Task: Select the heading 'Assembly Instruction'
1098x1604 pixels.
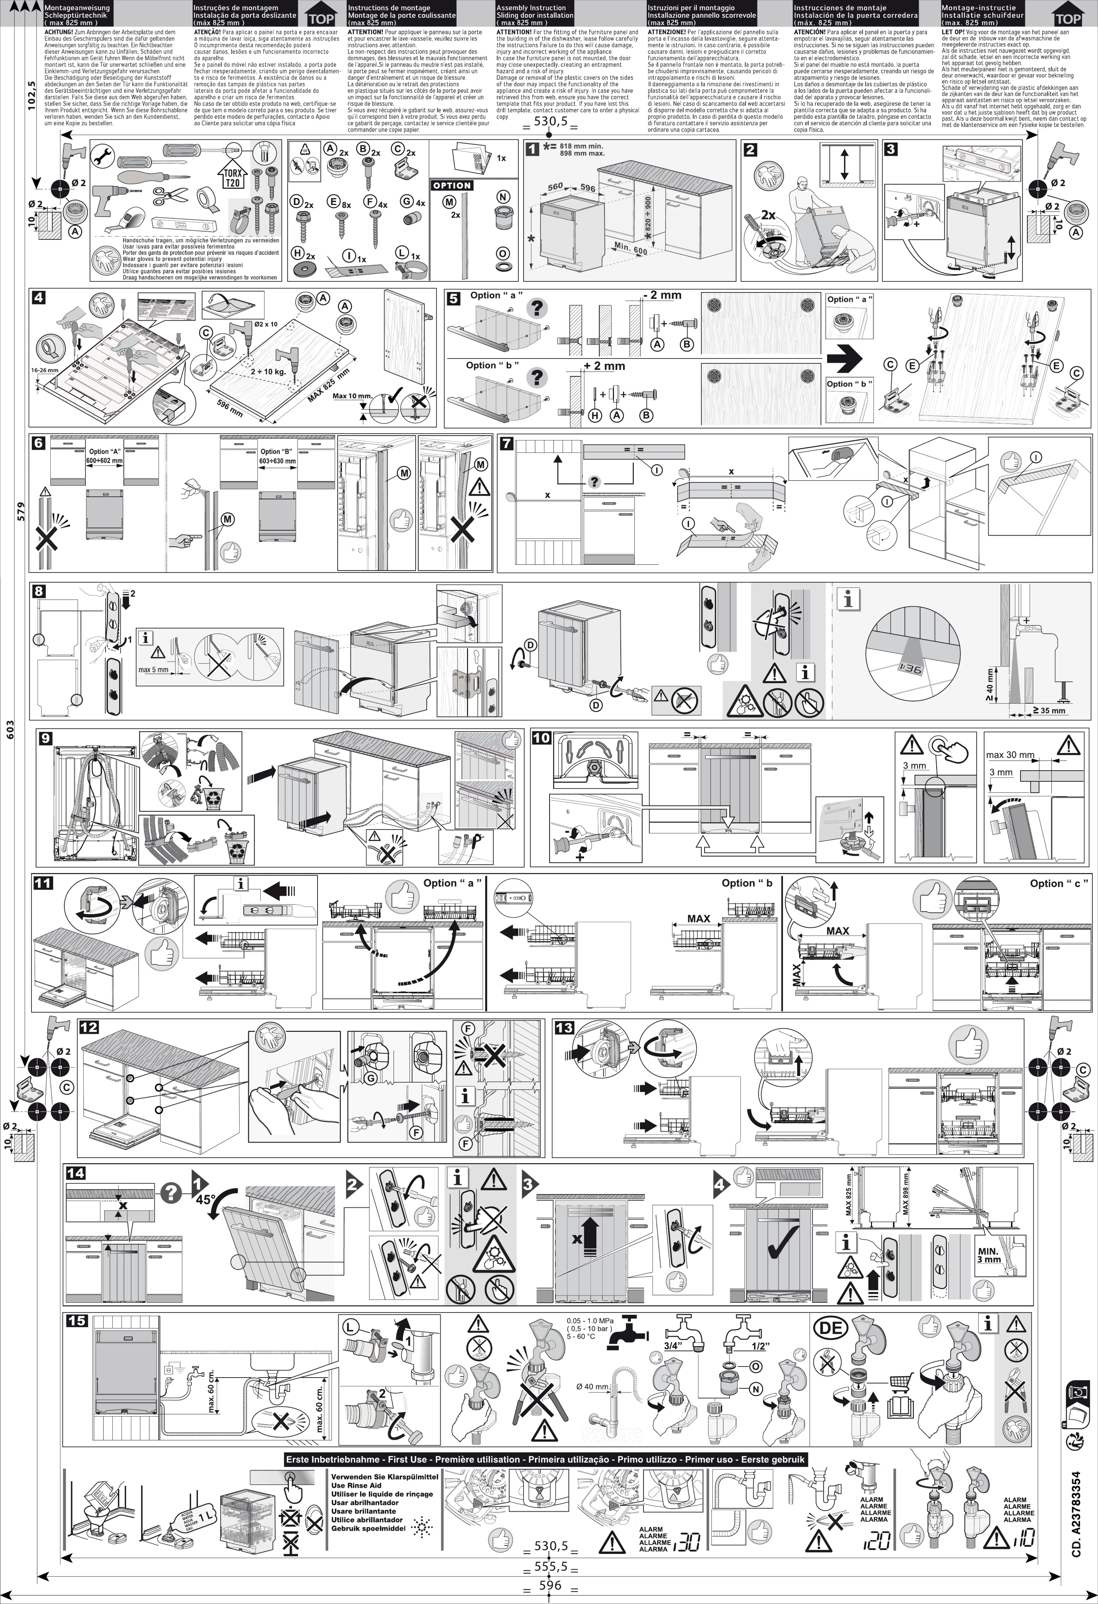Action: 531,8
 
